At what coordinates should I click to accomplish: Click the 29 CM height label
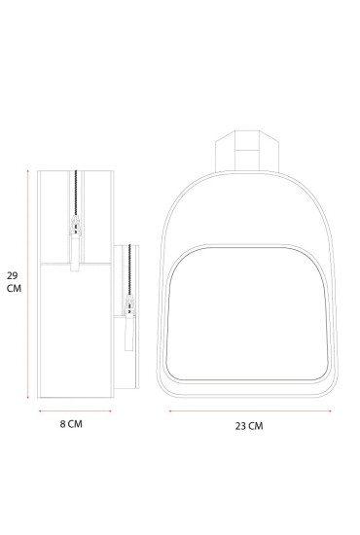pos(14,282)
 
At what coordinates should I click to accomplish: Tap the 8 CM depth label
pos(71,424)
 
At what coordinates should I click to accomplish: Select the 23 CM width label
pos(249,426)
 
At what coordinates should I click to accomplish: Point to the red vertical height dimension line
pos(28,284)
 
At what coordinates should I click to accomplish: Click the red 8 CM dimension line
pos(75,411)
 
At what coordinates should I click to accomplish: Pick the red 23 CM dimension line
pos(250,411)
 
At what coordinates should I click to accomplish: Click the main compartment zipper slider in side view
pos(76,226)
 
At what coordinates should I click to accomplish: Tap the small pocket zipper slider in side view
pos(129,304)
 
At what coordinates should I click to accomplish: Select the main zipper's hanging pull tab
pos(75,253)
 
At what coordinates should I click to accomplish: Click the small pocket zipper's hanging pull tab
pos(129,332)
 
